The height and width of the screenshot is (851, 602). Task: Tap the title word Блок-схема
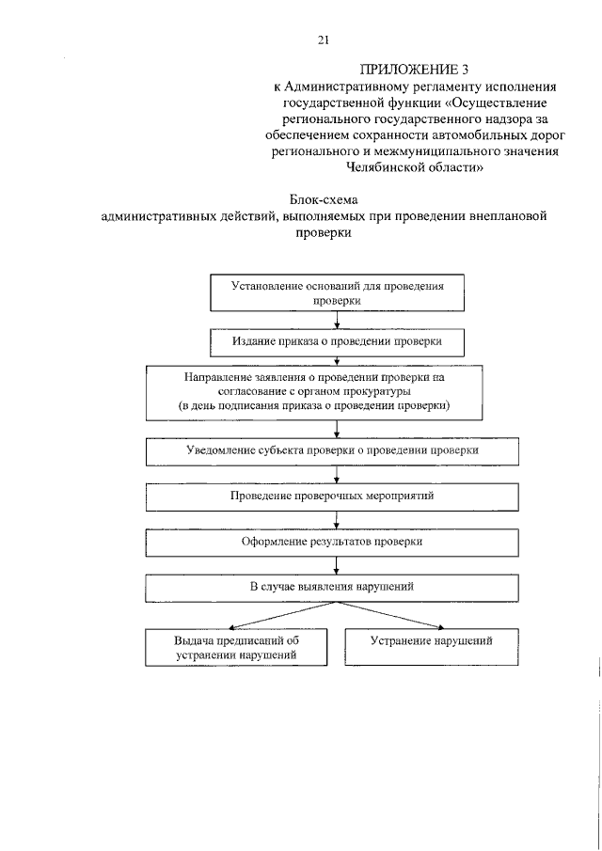tap(325, 200)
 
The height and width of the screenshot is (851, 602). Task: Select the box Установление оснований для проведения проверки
tap(338, 292)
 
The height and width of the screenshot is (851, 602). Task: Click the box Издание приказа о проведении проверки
tap(338, 339)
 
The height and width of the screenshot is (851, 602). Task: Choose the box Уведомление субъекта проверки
tap(332, 450)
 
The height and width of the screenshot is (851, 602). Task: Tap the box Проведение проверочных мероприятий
tap(332, 496)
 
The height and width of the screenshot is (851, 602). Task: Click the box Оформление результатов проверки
tap(332, 542)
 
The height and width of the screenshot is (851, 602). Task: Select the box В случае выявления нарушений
tap(332, 587)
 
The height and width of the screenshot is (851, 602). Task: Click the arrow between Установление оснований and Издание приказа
tap(337, 320)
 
